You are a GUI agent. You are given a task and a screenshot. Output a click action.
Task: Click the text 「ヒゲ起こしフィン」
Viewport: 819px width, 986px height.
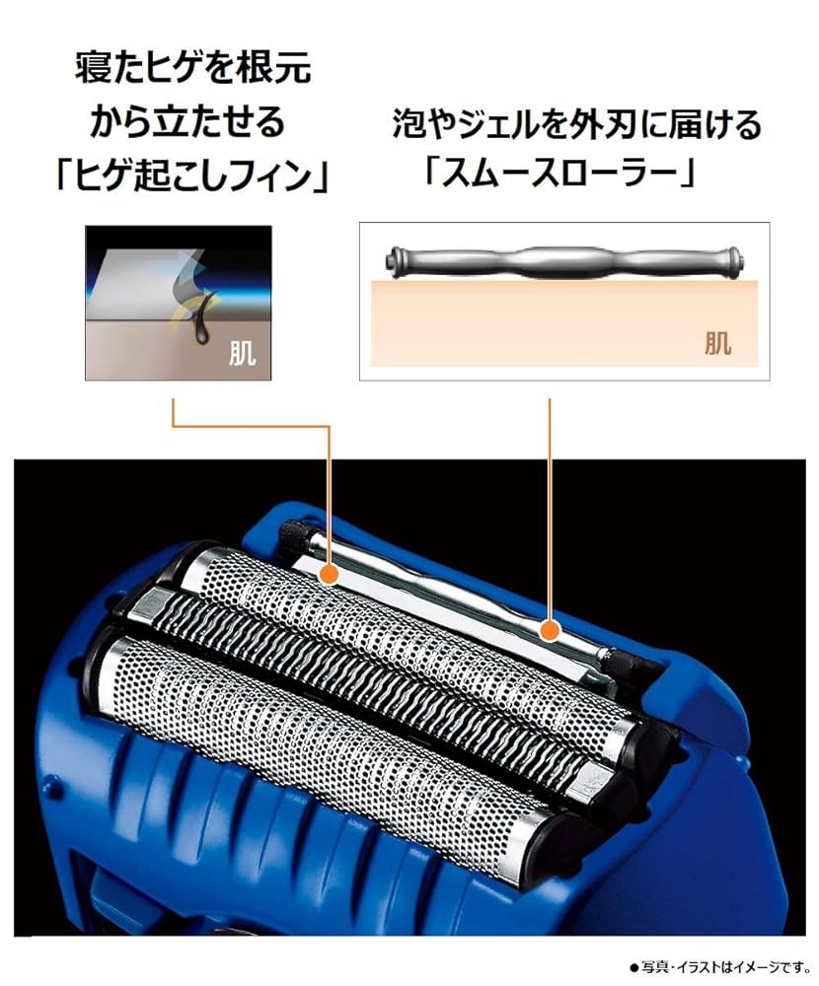coord(193,177)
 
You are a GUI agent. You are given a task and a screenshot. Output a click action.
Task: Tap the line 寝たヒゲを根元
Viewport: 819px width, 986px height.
coord(193,68)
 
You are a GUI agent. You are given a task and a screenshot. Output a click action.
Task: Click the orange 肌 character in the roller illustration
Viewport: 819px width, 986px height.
coord(717,342)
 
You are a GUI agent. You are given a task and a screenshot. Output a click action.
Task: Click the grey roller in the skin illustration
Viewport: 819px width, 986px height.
coord(562,262)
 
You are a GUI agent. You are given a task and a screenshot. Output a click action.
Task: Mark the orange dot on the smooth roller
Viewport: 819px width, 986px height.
coord(551,627)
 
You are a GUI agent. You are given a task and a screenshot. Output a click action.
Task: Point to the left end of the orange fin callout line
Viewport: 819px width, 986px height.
coord(174,402)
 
